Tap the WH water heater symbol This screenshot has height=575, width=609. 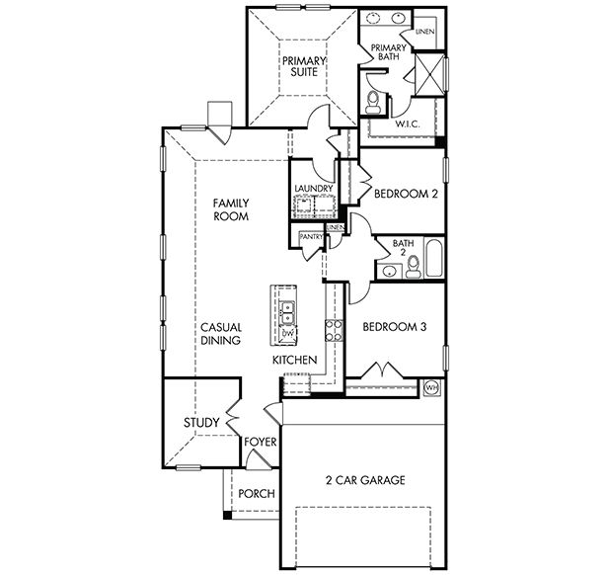[x=430, y=388]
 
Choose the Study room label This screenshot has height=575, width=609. [x=200, y=423]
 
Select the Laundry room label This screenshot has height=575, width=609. [x=313, y=189]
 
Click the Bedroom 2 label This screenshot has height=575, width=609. [x=406, y=195]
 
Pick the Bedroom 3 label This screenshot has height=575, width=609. [x=393, y=327]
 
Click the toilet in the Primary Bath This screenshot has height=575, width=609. [x=374, y=101]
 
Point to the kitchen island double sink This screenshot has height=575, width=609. [x=287, y=314]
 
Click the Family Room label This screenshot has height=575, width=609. [x=231, y=208]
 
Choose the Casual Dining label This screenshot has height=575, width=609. [x=220, y=333]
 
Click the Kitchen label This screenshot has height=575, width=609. [x=294, y=361]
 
